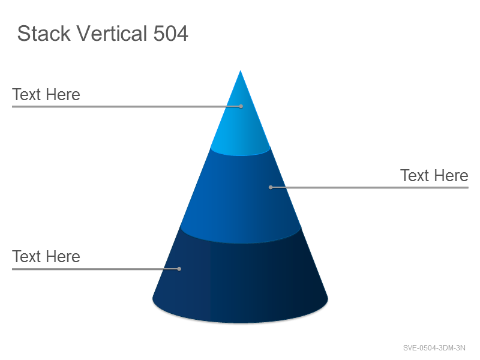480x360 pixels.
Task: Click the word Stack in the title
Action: (44, 34)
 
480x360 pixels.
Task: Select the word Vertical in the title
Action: (112, 33)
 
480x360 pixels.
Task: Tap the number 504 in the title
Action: (170, 34)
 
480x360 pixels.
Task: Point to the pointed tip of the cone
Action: (241, 70)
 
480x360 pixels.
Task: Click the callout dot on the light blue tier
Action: (241, 106)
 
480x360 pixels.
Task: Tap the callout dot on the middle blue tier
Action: (271, 187)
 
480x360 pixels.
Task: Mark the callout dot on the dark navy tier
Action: (179, 269)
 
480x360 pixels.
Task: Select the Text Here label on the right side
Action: (434, 176)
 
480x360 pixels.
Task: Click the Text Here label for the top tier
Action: (46, 95)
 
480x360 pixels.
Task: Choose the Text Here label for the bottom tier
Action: (46, 257)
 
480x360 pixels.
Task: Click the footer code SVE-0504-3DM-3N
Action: (434, 348)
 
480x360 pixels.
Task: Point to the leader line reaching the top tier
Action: (127, 107)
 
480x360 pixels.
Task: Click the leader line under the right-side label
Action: (370, 187)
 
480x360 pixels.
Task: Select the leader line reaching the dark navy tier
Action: (95, 269)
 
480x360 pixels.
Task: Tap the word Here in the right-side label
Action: (451, 176)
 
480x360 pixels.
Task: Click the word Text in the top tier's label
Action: (26, 95)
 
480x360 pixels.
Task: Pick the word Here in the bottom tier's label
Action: (63, 257)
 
